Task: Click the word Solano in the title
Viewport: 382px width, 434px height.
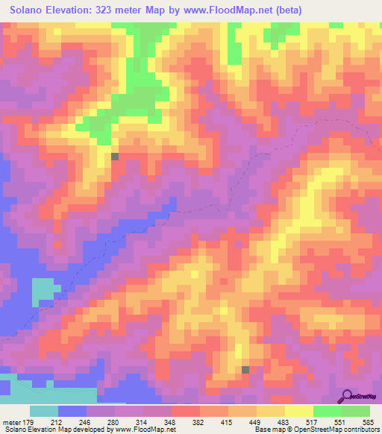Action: coord(31,11)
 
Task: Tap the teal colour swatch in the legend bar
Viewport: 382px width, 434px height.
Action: coord(44,412)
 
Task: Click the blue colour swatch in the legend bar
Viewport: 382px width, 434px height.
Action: coord(72,412)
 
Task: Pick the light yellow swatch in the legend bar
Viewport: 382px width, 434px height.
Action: coord(299,412)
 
